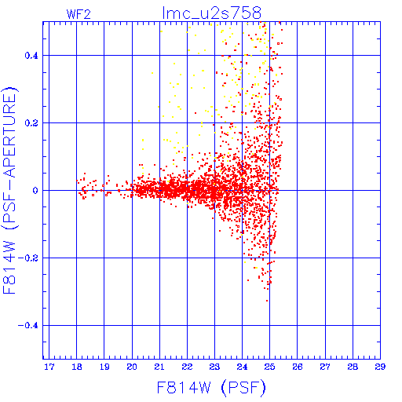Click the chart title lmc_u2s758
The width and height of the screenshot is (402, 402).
click(212, 13)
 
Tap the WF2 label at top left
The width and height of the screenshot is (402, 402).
click(79, 14)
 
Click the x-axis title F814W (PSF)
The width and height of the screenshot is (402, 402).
click(211, 388)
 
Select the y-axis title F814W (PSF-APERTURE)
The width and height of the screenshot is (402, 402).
click(9, 191)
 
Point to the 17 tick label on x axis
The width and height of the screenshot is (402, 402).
click(49, 367)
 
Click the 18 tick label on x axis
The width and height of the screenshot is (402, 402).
click(77, 367)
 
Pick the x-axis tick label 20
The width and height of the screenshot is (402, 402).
click(132, 367)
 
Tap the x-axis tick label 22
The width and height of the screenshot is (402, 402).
click(187, 367)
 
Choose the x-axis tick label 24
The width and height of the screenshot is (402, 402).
click(242, 367)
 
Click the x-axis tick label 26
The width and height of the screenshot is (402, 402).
click(298, 367)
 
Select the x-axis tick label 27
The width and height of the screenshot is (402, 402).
click(325, 367)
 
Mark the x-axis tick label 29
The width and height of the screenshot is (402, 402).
click(380, 367)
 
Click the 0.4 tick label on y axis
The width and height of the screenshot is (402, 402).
click(31, 56)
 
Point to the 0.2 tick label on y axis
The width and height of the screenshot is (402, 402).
click(31, 123)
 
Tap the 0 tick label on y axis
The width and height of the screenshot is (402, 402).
click(35, 191)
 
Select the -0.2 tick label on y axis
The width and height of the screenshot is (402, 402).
click(28, 258)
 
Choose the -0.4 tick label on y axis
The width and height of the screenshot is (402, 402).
click(28, 326)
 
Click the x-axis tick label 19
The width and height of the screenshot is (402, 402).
click(104, 367)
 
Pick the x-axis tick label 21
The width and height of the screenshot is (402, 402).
click(159, 367)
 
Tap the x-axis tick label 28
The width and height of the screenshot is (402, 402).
click(353, 367)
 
